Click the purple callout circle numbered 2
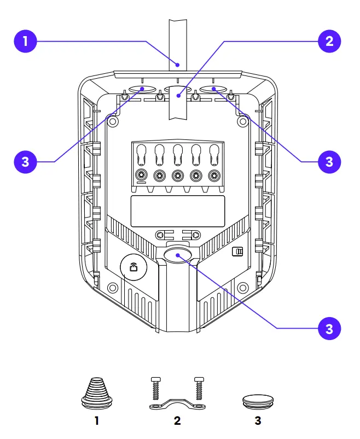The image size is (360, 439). click(x=329, y=41)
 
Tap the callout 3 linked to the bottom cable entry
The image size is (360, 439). click(x=329, y=328)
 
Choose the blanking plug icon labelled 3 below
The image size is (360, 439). click(x=257, y=402)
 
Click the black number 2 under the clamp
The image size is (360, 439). click(x=177, y=422)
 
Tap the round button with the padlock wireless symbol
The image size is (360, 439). click(x=133, y=267)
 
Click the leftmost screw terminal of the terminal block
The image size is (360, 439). click(x=142, y=175)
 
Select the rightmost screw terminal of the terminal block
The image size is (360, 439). click(x=213, y=175)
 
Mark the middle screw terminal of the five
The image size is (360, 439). click(x=178, y=175)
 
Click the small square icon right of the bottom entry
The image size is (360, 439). click(x=237, y=251)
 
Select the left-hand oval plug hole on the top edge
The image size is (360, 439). click(x=142, y=89)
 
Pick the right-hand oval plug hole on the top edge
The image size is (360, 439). click(x=213, y=89)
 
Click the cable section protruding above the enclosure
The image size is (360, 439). click(x=178, y=44)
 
